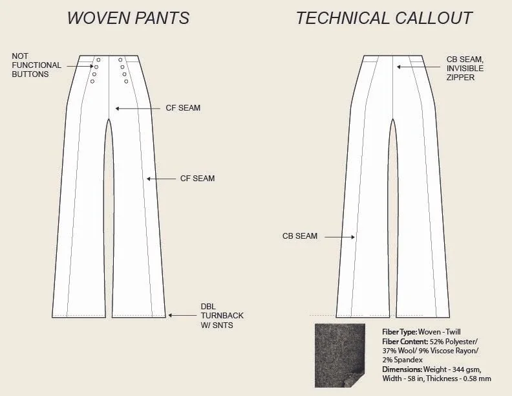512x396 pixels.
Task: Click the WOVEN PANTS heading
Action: coord(128,18)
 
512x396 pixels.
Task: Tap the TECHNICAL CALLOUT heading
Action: coord(384,18)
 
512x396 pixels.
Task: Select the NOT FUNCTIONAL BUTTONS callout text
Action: coord(36,65)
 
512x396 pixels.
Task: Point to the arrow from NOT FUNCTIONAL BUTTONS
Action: coord(78,65)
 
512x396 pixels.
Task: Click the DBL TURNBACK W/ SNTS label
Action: coord(222,316)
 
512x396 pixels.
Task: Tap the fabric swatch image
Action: coord(340,355)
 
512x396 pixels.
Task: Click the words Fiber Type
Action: coord(400,332)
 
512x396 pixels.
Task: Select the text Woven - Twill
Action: coord(440,332)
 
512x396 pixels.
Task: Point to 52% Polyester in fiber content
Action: coord(453,341)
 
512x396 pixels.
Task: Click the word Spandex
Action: coord(407,359)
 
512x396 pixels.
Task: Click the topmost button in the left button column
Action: coord(98,60)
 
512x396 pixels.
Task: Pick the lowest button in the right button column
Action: coord(126,82)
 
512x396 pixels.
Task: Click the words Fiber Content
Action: coord(404,341)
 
